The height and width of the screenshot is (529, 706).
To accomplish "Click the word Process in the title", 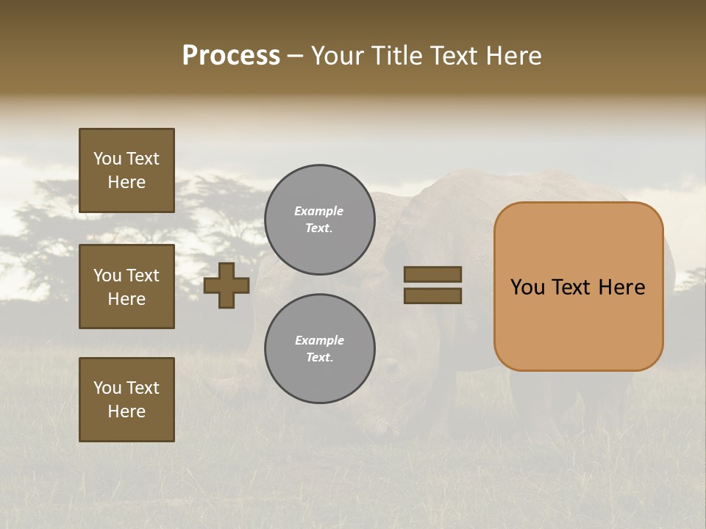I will pos(231,56).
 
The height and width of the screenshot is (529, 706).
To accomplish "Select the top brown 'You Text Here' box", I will pos(126,170).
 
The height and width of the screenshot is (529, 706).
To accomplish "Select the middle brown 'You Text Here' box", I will pos(126,287).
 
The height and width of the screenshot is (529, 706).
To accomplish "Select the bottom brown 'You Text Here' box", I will pos(126,400).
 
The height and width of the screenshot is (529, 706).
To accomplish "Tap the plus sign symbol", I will pos(227,285).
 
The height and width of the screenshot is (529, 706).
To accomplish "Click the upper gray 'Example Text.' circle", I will pos(319,220).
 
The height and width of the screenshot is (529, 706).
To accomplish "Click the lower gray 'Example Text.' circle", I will pos(319,349).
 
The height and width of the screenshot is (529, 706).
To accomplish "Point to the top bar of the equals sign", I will pos(432,274).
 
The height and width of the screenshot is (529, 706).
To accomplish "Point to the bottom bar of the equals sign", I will pos(432,296).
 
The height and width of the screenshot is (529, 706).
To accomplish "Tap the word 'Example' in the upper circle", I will pos(319,211).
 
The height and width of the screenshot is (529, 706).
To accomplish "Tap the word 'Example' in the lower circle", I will pos(319,340).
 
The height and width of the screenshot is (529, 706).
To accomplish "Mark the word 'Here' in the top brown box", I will pos(126,182).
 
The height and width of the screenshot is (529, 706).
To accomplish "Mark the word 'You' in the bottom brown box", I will pos(107,388).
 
